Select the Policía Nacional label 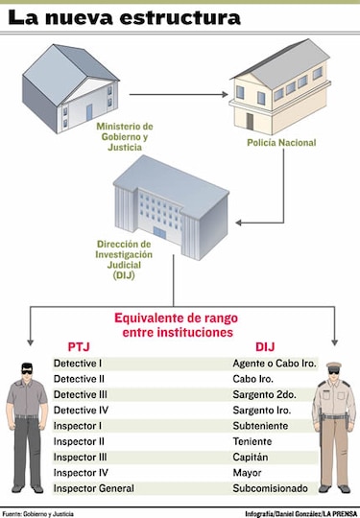[280, 144]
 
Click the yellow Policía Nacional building [280, 84]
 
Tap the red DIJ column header [265, 346]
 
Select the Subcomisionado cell [273, 489]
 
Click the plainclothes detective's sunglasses [28, 370]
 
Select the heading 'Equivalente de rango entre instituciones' [173, 324]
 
